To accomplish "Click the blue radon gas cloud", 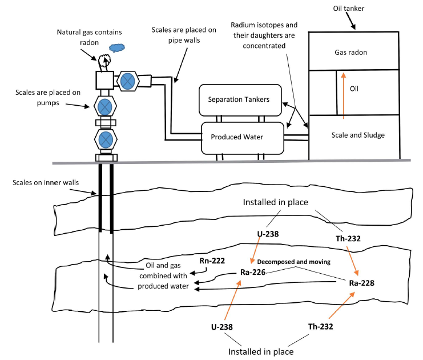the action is pyautogui.click(x=117, y=48).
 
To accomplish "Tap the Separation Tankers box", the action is pyautogui.click(x=240, y=100).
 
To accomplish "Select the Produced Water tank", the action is pyautogui.click(x=243, y=138).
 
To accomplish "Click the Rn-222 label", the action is pyautogui.click(x=212, y=261).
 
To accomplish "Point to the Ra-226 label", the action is pyautogui.click(x=253, y=272).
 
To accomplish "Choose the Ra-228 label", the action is pyautogui.click(x=361, y=283).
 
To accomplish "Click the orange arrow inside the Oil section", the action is pyautogui.click(x=344, y=95).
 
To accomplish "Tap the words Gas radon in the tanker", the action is pyautogui.click(x=351, y=53).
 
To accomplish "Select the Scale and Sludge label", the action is pyautogui.click(x=358, y=135).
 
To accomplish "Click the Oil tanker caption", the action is pyautogui.click(x=349, y=9).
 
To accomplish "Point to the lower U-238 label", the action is pyautogui.click(x=221, y=327).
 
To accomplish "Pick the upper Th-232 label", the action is pyautogui.click(x=348, y=238).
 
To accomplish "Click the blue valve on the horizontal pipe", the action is pyautogui.click(x=128, y=81).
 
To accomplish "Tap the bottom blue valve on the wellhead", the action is pyautogui.click(x=106, y=139).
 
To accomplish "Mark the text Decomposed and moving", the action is pyautogui.click(x=294, y=262).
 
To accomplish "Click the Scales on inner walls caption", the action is pyautogui.click(x=46, y=183).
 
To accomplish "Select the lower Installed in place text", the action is pyautogui.click(x=261, y=352).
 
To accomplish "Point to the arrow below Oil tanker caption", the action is pyautogui.click(x=351, y=21).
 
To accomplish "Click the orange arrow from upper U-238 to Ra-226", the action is pyautogui.click(x=255, y=250).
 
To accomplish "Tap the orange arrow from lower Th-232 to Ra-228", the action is pyautogui.click(x=341, y=305).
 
